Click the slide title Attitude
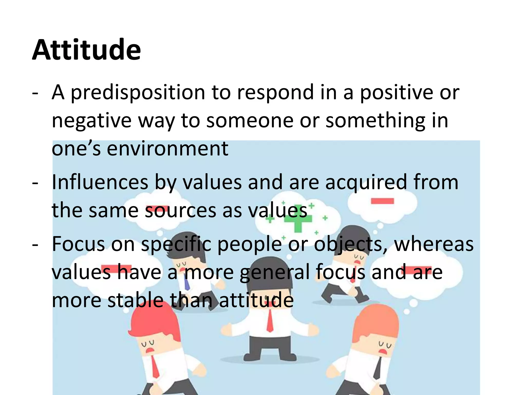click(x=86, y=50)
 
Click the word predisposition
click(x=138, y=92)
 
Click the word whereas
click(x=434, y=244)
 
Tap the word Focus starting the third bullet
click(x=78, y=244)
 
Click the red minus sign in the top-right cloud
click(x=382, y=201)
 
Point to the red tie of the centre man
click(x=270, y=320)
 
